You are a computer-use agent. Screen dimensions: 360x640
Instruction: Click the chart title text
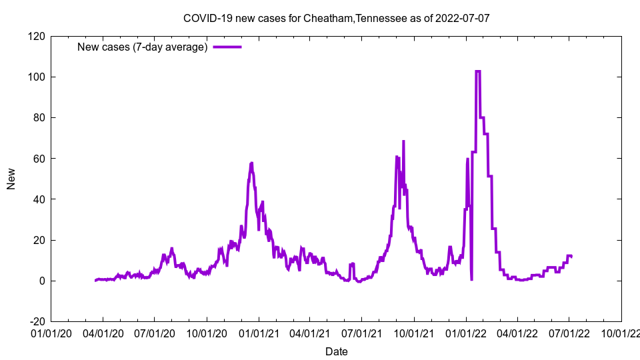(x=336, y=18)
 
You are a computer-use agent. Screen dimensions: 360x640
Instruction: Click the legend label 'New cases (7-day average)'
(x=143, y=47)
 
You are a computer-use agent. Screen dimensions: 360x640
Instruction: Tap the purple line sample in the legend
(x=227, y=47)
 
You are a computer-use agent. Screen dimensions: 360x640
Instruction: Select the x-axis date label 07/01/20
(x=154, y=331)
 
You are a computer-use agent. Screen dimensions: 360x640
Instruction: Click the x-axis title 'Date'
(x=336, y=351)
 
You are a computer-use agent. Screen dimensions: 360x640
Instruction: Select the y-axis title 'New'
(x=11, y=179)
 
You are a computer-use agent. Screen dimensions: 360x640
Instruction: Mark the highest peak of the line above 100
(x=478, y=71)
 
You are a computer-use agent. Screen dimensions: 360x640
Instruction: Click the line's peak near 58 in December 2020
(x=251, y=163)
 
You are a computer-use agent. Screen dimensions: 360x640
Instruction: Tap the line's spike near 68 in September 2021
(x=403, y=141)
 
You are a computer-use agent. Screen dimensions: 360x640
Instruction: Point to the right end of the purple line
(x=571, y=257)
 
